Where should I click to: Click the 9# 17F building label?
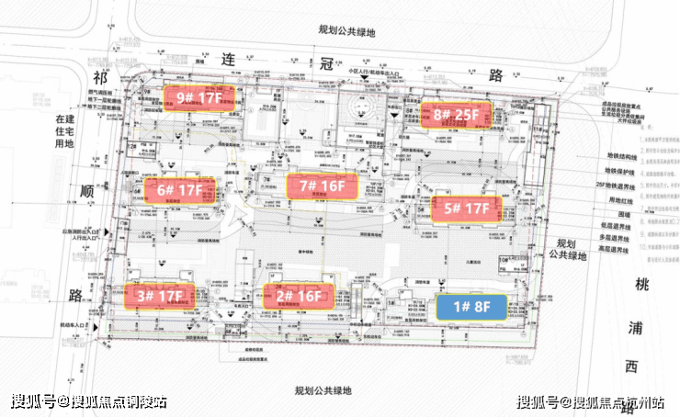(199, 96)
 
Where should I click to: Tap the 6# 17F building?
(179, 191)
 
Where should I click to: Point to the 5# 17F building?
(467, 208)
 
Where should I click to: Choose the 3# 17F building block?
(162, 296)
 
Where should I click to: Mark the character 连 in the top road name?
(229, 58)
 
